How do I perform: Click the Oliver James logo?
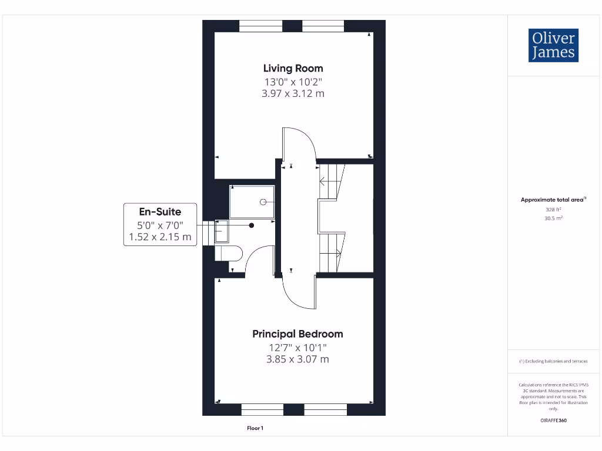point(553,45)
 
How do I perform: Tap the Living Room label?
point(293,68)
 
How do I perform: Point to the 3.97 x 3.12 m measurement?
point(293,93)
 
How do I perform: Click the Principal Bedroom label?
point(297,334)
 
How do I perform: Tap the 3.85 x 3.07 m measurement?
point(297,359)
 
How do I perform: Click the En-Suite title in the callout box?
point(160,211)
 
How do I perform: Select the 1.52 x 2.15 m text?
point(160,237)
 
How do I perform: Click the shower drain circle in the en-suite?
point(263,202)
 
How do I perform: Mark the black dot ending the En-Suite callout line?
point(252,225)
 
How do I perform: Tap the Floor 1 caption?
point(255,429)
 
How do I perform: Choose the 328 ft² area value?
point(554,209)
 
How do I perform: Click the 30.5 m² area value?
point(554,218)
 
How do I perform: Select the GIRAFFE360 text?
point(554,420)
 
